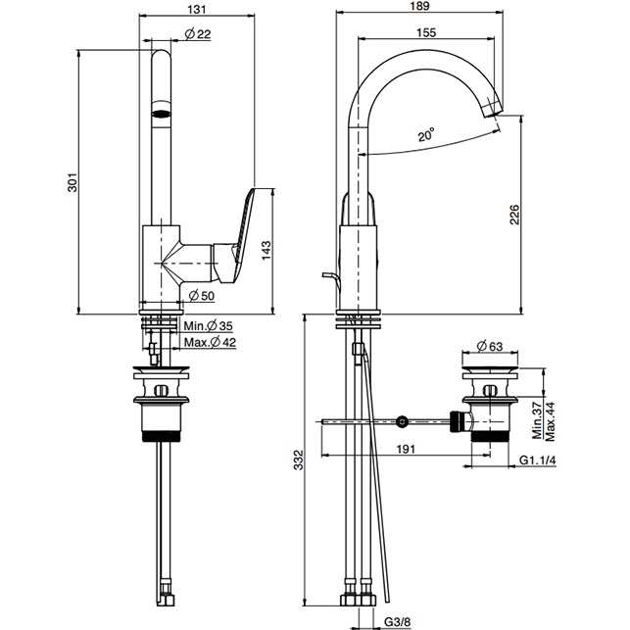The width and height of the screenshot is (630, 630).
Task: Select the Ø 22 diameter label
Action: coord(197,35)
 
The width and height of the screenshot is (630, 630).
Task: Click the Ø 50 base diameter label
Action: coord(200,295)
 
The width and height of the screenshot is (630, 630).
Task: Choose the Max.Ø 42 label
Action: coord(210,342)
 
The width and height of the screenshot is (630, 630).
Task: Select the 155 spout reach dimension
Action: coord(424,32)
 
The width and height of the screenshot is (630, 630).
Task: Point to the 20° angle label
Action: coord(424,137)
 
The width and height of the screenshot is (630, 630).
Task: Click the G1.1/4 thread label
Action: coord(538,460)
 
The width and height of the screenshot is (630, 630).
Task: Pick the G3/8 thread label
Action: coord(397,619)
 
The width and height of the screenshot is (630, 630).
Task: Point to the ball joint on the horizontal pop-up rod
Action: coord(401,422)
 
